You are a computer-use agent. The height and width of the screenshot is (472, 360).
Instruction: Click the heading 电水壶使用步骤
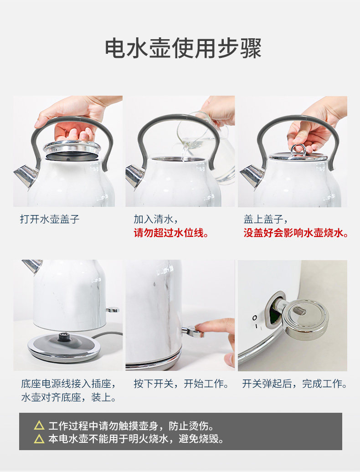(183, 48)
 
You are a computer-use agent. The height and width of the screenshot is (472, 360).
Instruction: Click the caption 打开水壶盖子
(50, 219)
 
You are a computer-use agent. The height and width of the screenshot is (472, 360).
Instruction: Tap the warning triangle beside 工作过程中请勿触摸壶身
(39, 426)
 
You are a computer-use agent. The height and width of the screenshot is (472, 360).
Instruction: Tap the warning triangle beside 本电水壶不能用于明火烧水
(39, 439)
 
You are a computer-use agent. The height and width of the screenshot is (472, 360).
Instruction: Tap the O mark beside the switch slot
(255, 318)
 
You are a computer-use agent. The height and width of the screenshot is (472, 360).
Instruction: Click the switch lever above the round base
(112, 309)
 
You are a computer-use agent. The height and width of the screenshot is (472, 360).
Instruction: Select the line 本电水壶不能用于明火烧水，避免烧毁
(136, 439)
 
